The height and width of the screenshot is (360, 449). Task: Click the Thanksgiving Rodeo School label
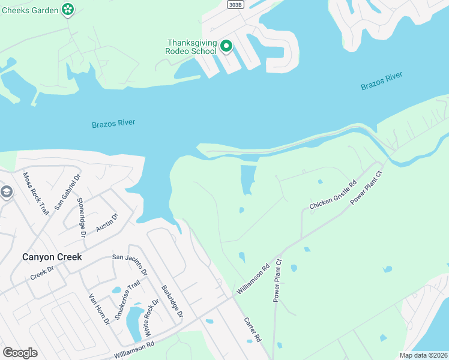tap(191, 47)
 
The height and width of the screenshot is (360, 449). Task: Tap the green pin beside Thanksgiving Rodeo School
tap(226, 46)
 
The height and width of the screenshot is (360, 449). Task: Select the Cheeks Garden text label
tap(29, 10)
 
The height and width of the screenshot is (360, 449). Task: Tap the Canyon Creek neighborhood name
tap(52, 257)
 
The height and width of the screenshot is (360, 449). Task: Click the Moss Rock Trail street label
tap(35, 193)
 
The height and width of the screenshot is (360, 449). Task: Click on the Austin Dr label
tap(107, 223)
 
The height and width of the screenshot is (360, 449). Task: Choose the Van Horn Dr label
tap(99, 308)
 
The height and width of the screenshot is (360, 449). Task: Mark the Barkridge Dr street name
tap(172, 301)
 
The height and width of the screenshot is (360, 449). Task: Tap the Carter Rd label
tap(253, 330)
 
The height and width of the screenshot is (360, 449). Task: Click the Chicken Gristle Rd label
tap(333, 195)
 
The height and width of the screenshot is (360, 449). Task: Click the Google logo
tap(20, 353)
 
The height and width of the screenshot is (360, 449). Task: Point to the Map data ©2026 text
tap(423, 355)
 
